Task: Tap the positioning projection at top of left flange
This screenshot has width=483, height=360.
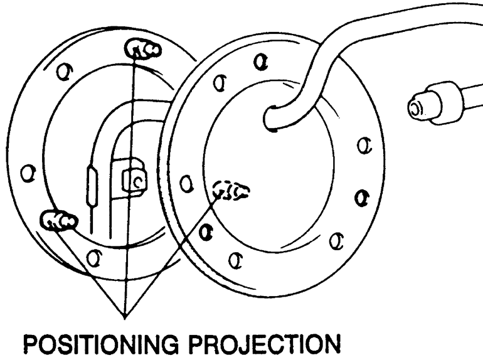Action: pyautogui.click(x=139, y=48)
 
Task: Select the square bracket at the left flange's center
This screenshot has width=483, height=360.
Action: pyautogui.click(x=134, y=180)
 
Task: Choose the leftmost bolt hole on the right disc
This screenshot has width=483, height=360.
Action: pyautogui.click(x=184, y=184)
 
